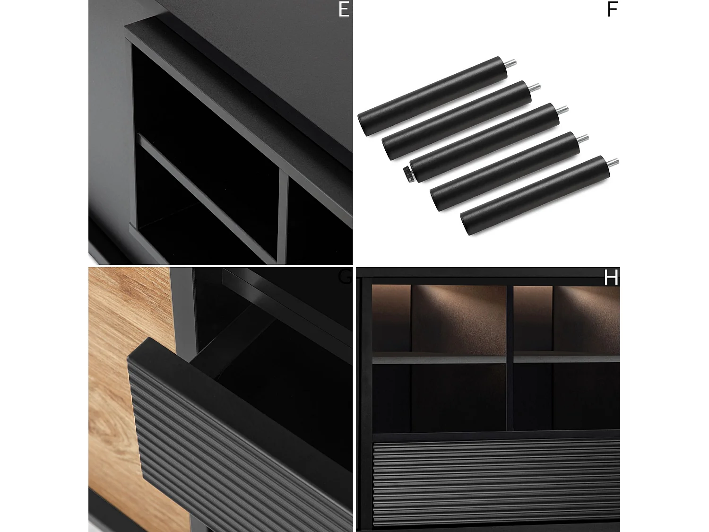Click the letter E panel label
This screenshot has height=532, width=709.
(344, 9)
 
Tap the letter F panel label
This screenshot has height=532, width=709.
(612, 9)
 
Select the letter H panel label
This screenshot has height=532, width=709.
(611, 278)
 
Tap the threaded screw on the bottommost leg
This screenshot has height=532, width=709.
(613, 162)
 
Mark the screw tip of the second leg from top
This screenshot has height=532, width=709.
(535, 87)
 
